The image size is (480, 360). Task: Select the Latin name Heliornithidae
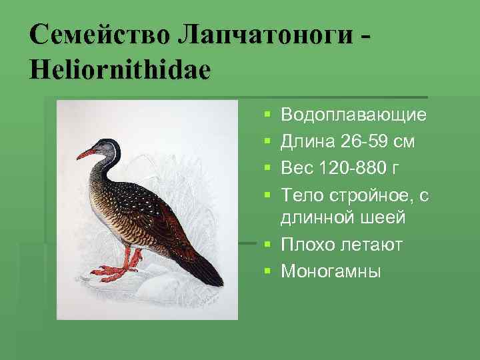(119, 68)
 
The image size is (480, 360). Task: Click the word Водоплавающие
(354, 115)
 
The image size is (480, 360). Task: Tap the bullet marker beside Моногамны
(267, 271)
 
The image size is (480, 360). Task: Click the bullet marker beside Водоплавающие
(267, 116)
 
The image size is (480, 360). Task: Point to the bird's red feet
(120, 270)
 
